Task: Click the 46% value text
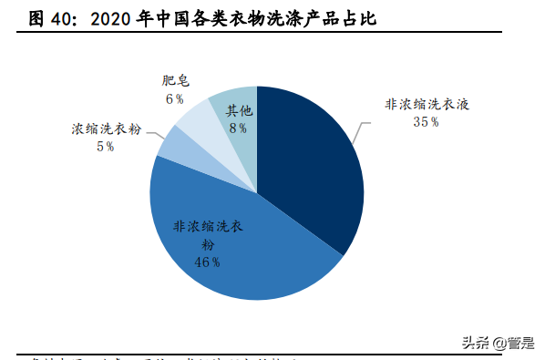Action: pos(208,262)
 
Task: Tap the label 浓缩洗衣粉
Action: pos(107,129)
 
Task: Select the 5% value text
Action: pos(105,146)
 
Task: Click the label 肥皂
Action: pos(174,81)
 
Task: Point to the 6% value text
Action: pos(174,98)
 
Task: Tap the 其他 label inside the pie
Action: pos(239,110)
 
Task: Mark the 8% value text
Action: pos(238,129)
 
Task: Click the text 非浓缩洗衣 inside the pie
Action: pos(208,227)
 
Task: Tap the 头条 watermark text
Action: pos(475,343)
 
